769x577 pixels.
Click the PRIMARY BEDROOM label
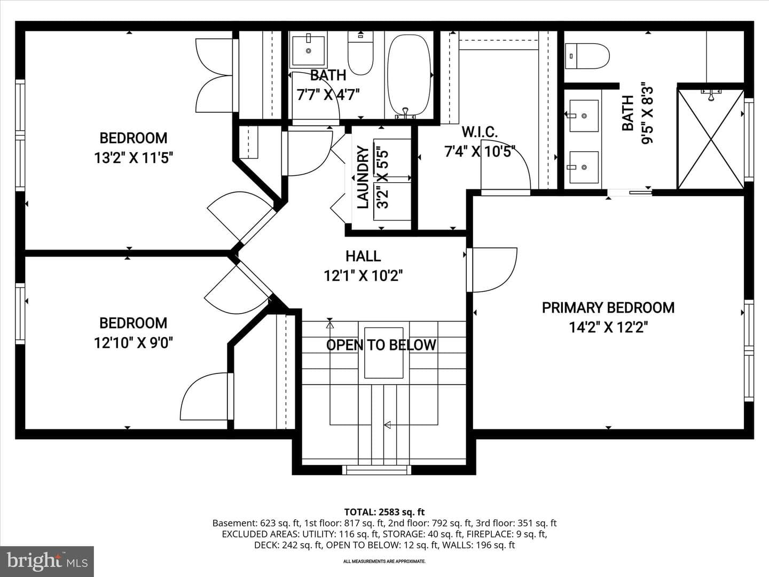coord(608,308)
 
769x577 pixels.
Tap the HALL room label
coord(363,256)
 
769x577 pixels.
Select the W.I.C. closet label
coord(480,132)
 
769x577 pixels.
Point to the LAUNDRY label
coord(363,177)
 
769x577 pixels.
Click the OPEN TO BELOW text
coord(381,345)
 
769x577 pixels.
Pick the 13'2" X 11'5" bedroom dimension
coord(134,158)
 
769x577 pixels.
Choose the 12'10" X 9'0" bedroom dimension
coord(134,342)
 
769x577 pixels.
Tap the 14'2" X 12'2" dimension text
coord(608,328)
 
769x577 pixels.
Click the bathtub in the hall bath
coord(409,76)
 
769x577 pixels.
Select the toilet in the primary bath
coord(587,56)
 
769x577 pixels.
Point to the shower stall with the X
coord(711,139)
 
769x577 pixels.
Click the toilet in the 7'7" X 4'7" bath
coord(360,52)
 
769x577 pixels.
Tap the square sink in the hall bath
coord(308,51)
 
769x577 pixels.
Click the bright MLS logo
coord(47,561)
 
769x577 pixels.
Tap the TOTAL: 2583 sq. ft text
coord(384,512)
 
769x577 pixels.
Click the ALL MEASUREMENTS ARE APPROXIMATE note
coord(384,561)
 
